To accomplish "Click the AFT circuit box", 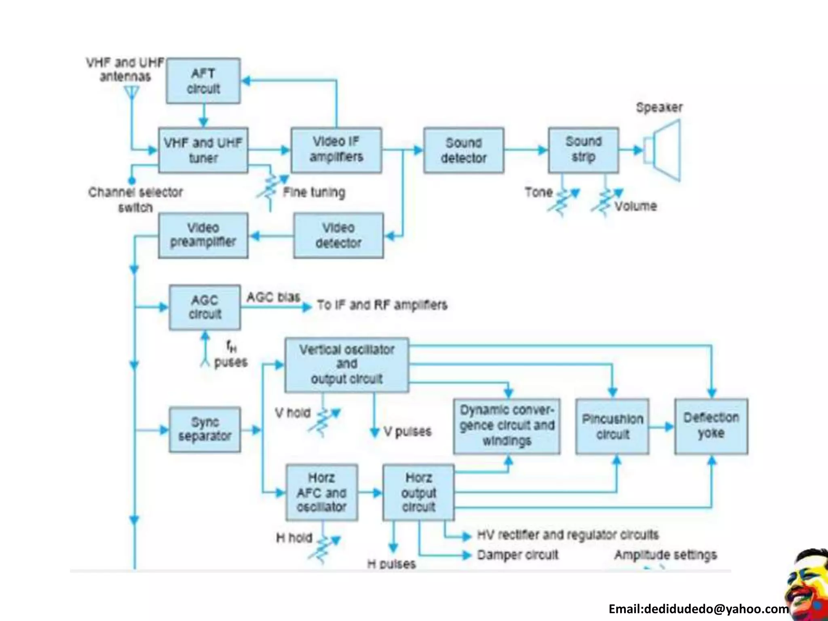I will point(203,81).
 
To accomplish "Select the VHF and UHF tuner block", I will point(203,150).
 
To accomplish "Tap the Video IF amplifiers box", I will point(336,150).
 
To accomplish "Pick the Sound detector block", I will point(464,150).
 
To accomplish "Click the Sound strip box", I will point(583,150).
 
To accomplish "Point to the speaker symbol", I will point(663,150).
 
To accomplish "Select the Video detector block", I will point(338,235).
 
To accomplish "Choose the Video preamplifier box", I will point(203,235).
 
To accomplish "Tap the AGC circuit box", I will point(205,307).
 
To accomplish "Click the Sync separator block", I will point(205,429).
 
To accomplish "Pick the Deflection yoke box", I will point(711,426).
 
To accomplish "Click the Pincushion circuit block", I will point(612,427).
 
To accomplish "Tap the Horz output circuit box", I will point(418,492).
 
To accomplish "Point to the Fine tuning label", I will point(314,192).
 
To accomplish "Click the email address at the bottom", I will point(698,609).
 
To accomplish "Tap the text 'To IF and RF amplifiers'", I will point(382,305).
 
